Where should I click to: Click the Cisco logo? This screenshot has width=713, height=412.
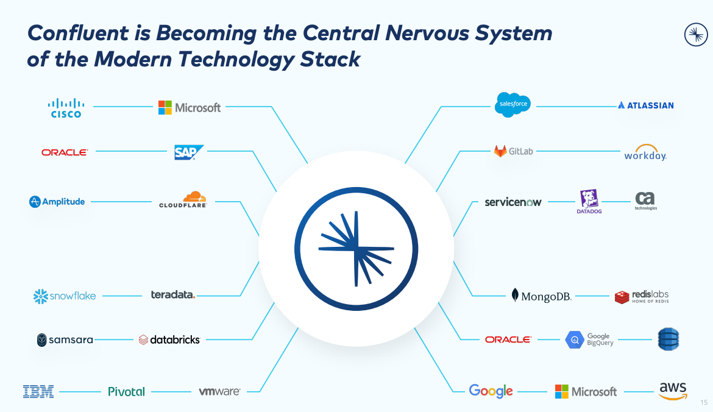tap(66, 107)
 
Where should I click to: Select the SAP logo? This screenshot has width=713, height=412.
tap(188, 152)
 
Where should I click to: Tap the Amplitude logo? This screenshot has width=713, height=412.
tap(57, 202)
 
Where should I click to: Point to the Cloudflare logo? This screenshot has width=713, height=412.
tap(183, 200)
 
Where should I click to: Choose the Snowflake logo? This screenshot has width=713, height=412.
tap(65, 296)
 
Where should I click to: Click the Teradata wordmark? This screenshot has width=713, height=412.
tap(173, 295)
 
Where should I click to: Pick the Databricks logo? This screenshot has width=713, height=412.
tap(169, 339)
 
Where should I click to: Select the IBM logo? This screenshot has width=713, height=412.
tap(38, 391)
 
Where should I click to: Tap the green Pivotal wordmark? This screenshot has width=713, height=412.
tap(126, 391)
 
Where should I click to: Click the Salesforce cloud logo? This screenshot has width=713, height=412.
tap(513, 105)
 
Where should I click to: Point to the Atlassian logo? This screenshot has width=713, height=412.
tap(646, 105)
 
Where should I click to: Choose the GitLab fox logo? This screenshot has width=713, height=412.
tap(500, 151)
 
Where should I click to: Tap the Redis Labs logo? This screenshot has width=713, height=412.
tap(642, 297)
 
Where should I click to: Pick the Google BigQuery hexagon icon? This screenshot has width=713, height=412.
tap(575, 339)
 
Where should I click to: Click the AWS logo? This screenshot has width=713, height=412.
tap(673, 391)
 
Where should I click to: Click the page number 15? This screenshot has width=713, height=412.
tap(704, 402)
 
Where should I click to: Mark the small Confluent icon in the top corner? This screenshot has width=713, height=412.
tap(695, 34)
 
